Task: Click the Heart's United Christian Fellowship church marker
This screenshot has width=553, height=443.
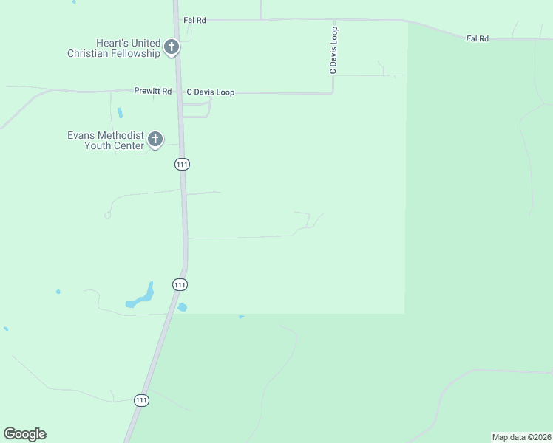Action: coord(171,48)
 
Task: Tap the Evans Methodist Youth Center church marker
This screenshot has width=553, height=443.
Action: coord(155,139)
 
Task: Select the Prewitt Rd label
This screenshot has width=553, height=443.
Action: coord(152,92)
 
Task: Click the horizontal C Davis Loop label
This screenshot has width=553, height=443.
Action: coord(210,92)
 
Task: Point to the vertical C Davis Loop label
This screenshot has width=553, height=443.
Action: coord(333,50)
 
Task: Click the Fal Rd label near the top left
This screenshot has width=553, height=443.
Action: coord(195,21)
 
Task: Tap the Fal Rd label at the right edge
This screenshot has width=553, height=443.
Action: coord(478,38)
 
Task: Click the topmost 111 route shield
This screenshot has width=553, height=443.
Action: coord(182,165)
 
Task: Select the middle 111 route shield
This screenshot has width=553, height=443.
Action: coord(180,284)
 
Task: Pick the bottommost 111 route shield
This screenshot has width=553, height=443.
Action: coord(142,400)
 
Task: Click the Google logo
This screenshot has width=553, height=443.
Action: coord(24,434)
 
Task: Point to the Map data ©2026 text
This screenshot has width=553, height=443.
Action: coord(521,437)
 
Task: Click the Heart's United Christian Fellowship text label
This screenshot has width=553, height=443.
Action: coord(113,49)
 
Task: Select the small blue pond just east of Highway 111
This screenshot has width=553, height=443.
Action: coord(182,307)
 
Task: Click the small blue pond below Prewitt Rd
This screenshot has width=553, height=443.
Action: coord(120,113)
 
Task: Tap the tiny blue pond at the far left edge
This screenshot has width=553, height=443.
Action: coord(5,329)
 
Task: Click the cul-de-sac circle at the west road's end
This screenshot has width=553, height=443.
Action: coord(108,216)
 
